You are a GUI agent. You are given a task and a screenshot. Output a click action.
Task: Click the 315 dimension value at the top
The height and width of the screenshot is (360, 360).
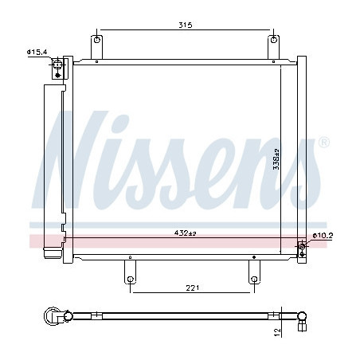point(186,25)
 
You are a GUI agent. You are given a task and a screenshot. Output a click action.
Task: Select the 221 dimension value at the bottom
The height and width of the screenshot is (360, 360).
point(191,288)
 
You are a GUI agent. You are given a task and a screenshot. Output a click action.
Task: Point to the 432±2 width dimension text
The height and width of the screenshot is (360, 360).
point(186,233)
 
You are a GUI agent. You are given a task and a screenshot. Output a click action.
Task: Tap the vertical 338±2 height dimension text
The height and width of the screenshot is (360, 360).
point(276,158)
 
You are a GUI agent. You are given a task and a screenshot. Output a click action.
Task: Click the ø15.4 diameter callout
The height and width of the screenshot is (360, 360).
point(37,52)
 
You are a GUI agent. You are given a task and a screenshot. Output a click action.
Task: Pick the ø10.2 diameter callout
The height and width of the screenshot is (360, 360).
point(322,236)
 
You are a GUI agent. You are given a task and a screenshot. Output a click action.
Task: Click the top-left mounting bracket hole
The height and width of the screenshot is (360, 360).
point(97,39)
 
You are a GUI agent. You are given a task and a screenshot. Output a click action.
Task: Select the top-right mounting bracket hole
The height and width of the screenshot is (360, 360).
point(275,39)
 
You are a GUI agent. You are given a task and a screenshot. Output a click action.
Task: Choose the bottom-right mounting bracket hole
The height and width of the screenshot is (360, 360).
point(253,279)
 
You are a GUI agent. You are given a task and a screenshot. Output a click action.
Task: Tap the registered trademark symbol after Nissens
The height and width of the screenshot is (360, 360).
point(323,142)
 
